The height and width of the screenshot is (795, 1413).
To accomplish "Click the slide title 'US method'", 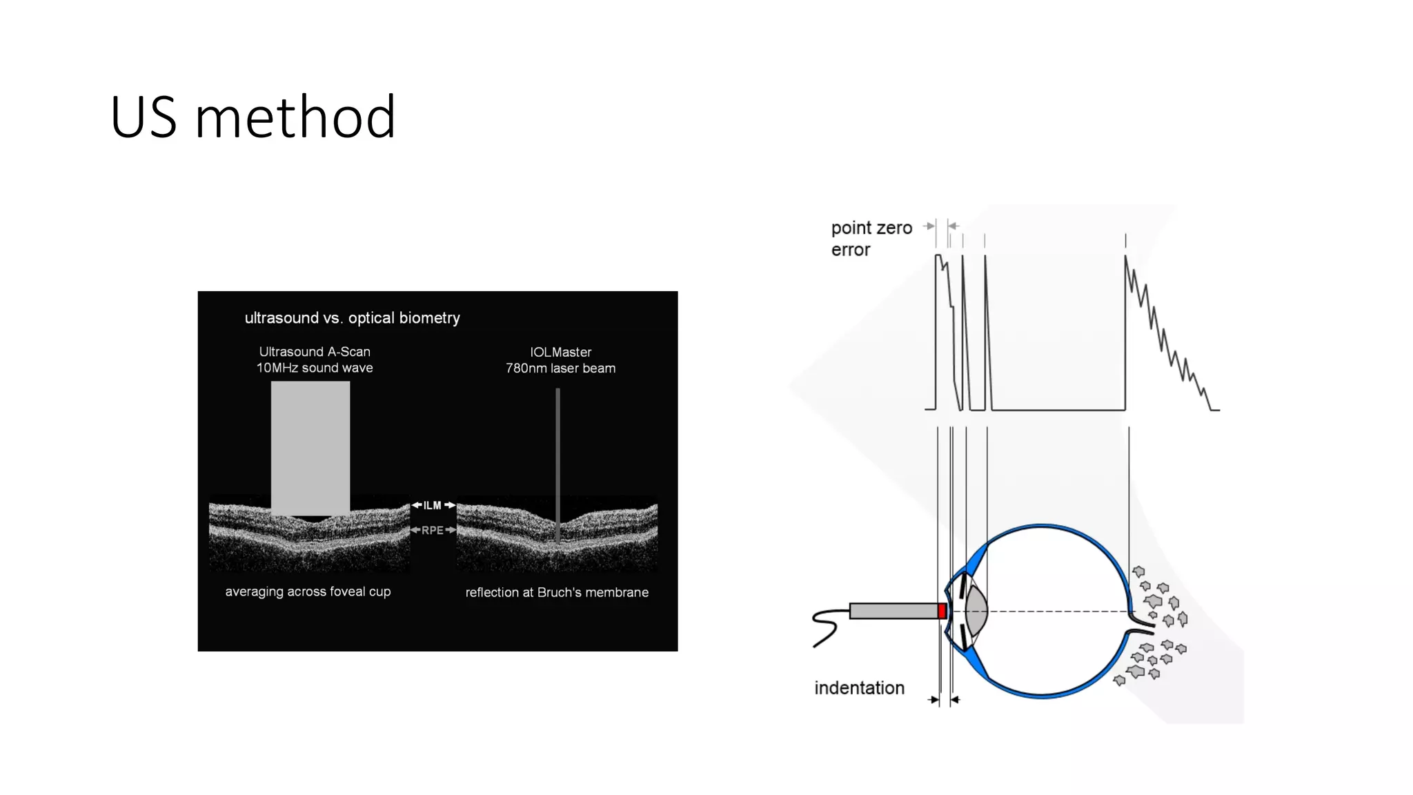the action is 253,117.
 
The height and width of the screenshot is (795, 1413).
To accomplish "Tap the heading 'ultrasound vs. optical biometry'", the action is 352,318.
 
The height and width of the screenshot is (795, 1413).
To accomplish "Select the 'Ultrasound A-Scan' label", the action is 315,352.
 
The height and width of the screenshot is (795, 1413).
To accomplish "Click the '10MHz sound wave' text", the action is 315,369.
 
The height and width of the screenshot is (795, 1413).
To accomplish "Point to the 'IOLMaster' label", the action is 560,352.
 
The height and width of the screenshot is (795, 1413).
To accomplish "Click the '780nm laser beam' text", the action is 560,369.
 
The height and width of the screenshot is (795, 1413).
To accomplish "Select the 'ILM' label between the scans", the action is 433,506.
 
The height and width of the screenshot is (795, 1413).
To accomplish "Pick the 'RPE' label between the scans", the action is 433,530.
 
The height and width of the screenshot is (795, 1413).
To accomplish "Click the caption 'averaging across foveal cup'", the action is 308,591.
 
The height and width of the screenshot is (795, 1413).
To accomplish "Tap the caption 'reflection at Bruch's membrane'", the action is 557,592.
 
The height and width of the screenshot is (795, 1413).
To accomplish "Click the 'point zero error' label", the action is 871,238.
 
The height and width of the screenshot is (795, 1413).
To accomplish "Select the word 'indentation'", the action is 859,688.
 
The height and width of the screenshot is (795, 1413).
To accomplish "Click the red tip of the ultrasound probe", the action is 942,611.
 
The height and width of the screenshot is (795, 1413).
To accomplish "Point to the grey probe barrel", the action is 893,611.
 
